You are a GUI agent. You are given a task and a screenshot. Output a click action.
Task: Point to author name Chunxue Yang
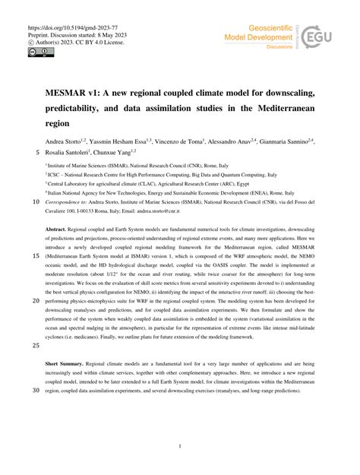click(132, 152)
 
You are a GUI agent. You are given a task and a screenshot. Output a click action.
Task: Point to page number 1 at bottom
click(180, 448)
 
